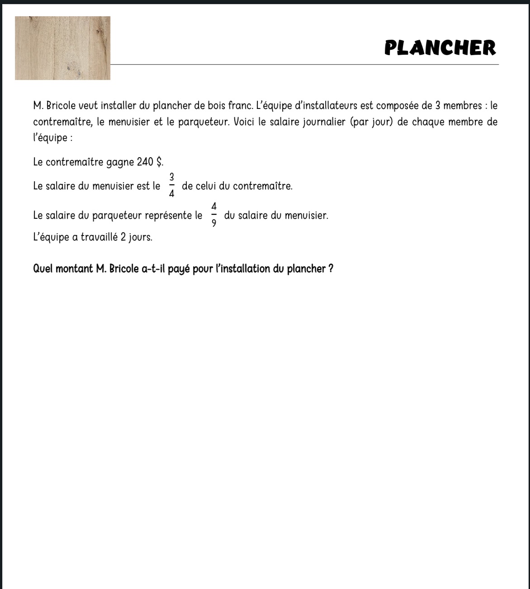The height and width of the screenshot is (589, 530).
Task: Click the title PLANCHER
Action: pos(440,48)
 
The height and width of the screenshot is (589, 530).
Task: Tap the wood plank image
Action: pos(62,48)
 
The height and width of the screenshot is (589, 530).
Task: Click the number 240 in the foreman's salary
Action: pos(145,162)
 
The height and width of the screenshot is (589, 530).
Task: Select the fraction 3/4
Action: pos(172,185)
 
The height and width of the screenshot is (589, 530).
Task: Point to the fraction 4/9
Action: pos(214,215)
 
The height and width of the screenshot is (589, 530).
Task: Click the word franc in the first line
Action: pos(240,106)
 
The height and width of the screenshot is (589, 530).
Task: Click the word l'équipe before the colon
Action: pos(50,138)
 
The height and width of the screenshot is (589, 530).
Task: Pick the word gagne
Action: pos(120,162)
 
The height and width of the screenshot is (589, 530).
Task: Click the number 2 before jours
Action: pos(123,237)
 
